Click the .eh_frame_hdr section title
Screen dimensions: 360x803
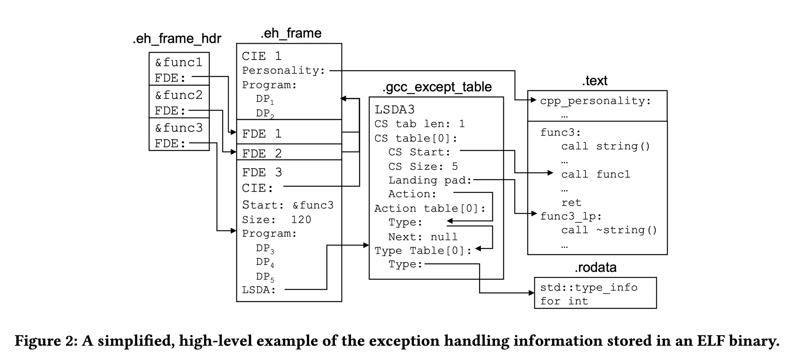[177, 39]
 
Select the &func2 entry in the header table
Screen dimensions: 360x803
[179, 95]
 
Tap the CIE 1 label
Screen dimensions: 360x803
[262, 56]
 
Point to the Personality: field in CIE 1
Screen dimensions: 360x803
[283, 71]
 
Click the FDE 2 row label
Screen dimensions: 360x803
[262, 153]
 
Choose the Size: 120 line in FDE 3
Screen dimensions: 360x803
[276, 220]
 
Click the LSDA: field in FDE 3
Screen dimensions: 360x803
[259, 290]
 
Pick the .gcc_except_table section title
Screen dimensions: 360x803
[437, 87]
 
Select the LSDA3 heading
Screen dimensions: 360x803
[394, 109]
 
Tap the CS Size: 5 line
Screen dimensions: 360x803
[423, 166]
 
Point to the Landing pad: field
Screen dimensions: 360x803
[430, 180]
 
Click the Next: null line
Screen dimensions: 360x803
[423, 237]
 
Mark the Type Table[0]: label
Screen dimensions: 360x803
[423, 251]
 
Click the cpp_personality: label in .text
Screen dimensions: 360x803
[595, 101]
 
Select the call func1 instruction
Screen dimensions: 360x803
[595, 175]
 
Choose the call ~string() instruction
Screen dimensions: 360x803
[609, 230]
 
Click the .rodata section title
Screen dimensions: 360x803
[595, 267]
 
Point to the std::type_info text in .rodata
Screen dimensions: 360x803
[588, 287]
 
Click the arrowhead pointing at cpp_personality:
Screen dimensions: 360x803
[534, 100]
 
